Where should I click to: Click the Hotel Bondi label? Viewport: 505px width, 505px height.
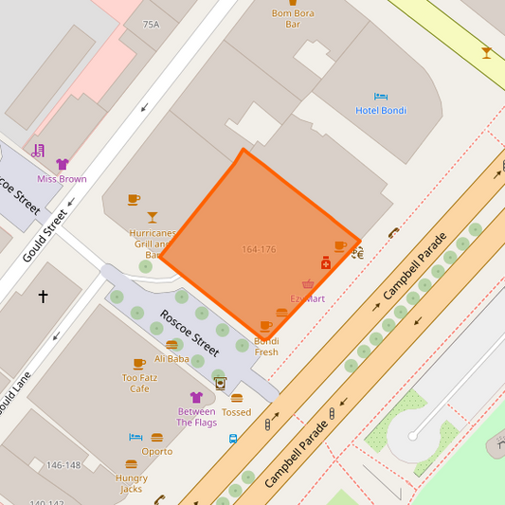click(x=381, y=111)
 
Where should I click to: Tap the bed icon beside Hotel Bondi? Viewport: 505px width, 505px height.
click(x=381, y=97)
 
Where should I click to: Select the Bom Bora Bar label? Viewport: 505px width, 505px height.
click(x=293, y=19)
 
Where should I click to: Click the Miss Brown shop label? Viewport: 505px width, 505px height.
click(x=62, y=179)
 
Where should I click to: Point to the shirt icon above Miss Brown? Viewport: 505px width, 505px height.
click(x=63, y=165)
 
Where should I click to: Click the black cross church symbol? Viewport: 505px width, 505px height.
click(x=43, y=297)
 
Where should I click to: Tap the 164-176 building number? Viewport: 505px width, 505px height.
click(x=259, y=249)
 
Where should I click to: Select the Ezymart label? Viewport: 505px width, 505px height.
click(x=307, y=298)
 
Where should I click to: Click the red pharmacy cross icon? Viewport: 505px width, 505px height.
click(x=326, y=263)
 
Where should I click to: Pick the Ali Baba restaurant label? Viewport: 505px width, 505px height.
click(x=171, y=359)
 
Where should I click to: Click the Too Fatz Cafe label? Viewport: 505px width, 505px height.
click(x=139, y=383)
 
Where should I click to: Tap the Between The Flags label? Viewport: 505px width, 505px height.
click(x=197, y=417)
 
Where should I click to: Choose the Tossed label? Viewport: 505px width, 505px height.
click(x=236, y=412)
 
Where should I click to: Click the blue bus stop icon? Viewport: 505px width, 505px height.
click(x=233, y=439)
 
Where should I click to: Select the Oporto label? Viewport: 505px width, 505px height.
click(x=156, y=452)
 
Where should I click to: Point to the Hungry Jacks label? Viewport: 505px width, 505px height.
click(x=132, y=483)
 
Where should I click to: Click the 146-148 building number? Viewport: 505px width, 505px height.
click(x=63, y=465)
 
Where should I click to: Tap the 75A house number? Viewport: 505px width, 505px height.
click(x=152, y=25)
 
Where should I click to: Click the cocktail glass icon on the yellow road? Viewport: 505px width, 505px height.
click(x=486, y=53)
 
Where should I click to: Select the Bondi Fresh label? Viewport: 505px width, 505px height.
click(x=266, y=346)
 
